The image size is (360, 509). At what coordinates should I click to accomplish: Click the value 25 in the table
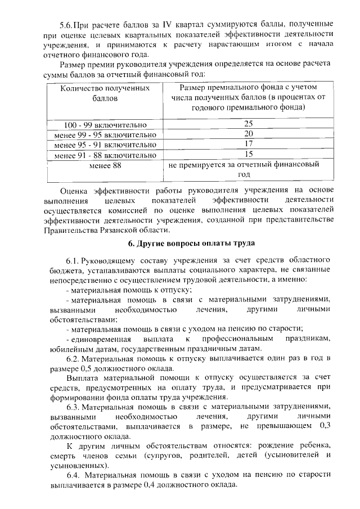pyautogui.click(x=248, y=124)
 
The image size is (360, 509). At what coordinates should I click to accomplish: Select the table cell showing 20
pyautogui.click(x=248, y=134)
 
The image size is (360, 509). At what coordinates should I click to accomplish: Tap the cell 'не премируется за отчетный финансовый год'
pyautogui.click(x=248, y=170)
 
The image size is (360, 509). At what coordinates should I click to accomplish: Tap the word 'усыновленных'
pyautogui.click(x=76, y=466)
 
